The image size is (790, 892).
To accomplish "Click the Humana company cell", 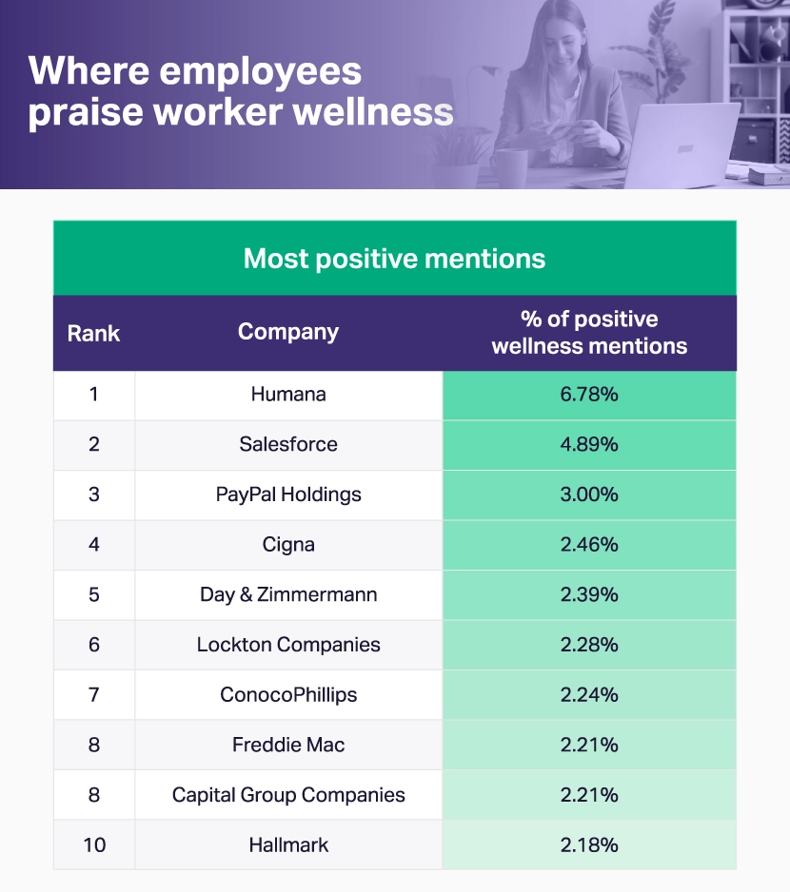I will [288, 395].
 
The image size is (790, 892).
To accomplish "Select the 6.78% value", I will [589, 395].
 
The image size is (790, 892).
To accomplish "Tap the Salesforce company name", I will [288, 444].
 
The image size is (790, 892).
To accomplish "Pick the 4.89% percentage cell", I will [589, 444].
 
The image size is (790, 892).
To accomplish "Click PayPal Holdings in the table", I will [288, 494].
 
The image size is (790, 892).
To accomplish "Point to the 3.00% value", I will [589, 494].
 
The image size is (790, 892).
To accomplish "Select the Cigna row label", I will [288, 545].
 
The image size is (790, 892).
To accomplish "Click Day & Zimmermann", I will [288, 594].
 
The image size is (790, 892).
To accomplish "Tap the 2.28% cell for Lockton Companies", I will [589, 645].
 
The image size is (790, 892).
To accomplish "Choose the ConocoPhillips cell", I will [288, 694].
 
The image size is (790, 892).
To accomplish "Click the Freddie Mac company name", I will [288, 745].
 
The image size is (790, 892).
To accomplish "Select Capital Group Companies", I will [288, 795].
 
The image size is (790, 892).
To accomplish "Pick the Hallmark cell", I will [288, 844].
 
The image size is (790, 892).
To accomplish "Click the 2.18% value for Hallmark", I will [589, 844].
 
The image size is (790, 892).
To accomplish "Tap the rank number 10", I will [93, 844].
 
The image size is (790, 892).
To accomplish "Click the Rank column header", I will [93, 333].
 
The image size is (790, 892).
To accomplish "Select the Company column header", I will [288, 332].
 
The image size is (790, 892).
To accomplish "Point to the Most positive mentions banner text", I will [394, 259].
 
